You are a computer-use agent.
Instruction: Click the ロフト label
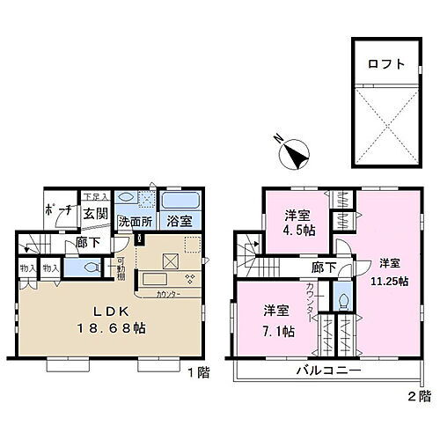pos(388,63)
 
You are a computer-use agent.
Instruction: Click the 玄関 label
pos(96,212)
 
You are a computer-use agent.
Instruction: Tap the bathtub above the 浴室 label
pos(180,200)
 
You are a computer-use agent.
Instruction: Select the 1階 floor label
pos(198,372)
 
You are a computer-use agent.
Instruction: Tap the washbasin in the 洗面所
pos(127,199)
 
